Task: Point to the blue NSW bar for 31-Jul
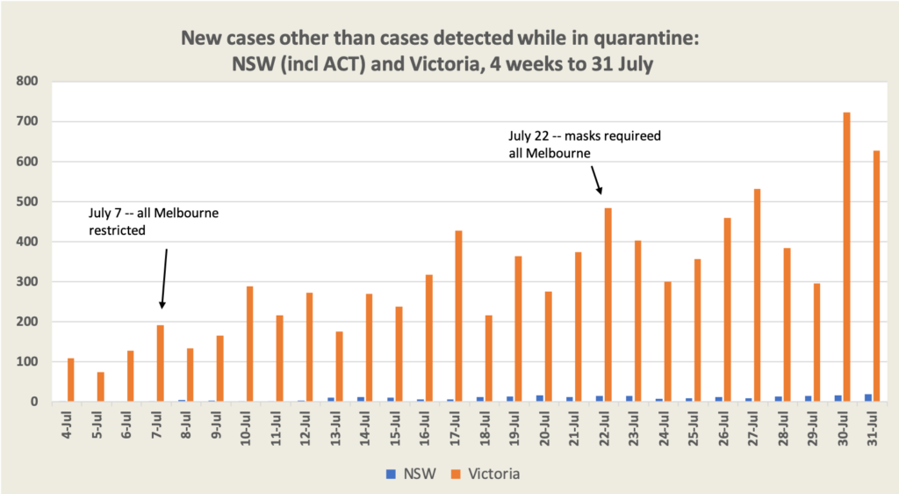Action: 867,397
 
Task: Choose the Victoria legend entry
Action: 487,475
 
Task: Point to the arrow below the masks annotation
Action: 597,181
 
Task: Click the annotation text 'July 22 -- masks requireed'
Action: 584,136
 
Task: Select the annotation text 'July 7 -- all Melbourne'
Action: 153,213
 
